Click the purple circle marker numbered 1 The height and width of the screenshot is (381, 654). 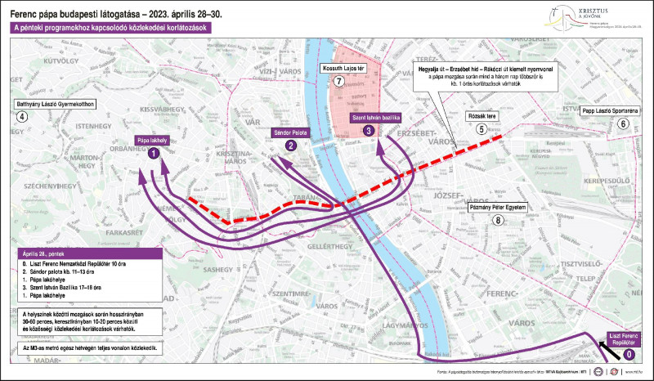tap(152, 154)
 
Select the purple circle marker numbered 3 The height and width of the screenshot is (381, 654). tap(370, 130)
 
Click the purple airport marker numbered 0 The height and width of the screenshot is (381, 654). tap(628, 354)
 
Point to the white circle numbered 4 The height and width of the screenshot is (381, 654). tap(22, 117)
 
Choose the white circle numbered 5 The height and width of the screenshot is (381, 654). tap(482, 129)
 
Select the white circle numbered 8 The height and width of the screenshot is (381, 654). tap(498, 221)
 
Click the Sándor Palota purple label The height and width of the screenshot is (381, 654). tap(290, 131)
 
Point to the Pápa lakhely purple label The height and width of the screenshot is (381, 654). tap(152, 140)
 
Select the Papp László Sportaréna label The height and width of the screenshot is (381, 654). tap(610, 110)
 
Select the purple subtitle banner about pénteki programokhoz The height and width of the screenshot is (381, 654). tap(110, 28)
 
